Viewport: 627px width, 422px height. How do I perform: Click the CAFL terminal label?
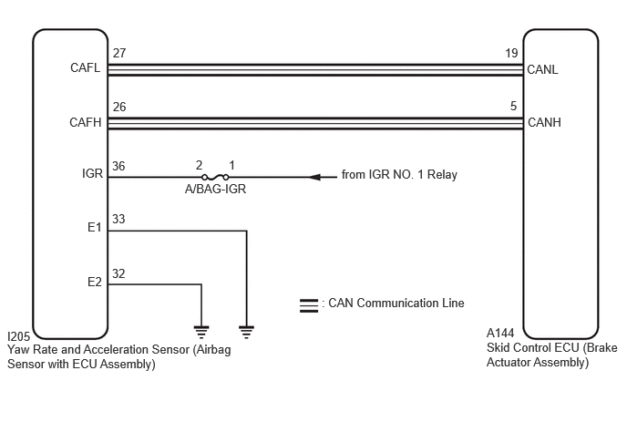point(85,67)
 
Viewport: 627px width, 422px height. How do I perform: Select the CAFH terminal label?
point(85,122)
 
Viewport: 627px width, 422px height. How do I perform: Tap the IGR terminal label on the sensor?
point(92,173)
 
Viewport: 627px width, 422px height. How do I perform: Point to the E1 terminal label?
point(95,227)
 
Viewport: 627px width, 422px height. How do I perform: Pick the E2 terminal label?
point(95,282)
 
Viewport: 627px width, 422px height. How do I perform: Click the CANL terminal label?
point(542,69)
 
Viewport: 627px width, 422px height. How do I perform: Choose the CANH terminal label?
point(544,122)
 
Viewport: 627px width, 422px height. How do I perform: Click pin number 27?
point(119,53)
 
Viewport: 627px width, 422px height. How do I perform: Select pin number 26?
point(119,107)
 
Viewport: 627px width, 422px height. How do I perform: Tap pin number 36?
point(118,166)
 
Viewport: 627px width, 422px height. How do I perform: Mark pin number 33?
point(118,219)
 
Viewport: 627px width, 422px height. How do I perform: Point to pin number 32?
point(118,273)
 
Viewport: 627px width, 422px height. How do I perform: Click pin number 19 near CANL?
point(511,53)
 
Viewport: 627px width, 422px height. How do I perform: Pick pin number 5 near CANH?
point(513,106)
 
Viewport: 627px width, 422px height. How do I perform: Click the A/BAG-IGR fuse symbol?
point(215,177)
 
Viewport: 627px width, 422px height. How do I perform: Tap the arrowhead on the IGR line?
point(314,177)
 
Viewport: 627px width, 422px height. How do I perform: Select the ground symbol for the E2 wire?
point(201,332)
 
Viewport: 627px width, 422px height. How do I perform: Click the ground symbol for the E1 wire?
point(246,332)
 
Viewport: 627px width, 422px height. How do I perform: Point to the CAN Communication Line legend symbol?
point(309,305)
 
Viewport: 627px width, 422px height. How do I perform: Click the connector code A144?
point(500,333)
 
